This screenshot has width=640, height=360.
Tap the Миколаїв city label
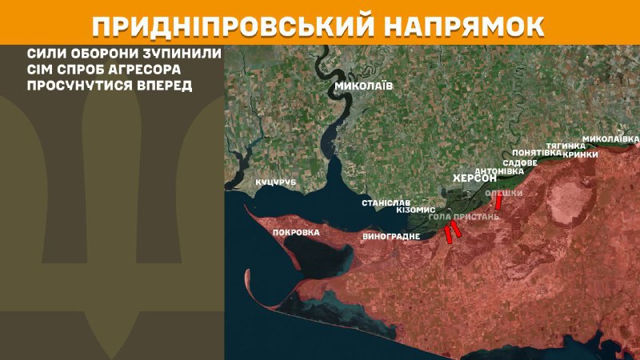point(365,86)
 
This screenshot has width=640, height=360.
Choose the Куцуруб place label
point(276,183)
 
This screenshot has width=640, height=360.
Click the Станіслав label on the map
point(385,203)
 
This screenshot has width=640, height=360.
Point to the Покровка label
point(296,233)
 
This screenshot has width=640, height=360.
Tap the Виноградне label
point(390,237)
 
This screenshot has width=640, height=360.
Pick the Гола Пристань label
point(464,217)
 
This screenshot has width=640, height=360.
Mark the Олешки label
point(504,194)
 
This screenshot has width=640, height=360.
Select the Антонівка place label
point(499,170)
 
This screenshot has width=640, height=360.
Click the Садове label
point(519,162)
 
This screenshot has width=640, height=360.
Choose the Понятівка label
point(536,152)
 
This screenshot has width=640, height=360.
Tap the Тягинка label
point(565,146)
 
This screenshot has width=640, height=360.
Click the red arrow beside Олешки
point(499,203)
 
